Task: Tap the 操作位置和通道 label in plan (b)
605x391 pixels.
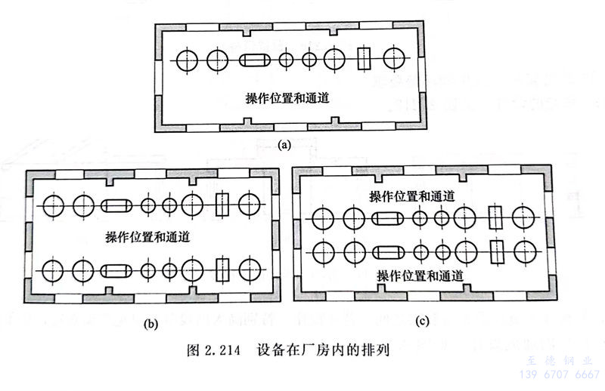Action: point(148,236)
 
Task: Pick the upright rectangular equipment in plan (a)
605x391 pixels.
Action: point(365,59)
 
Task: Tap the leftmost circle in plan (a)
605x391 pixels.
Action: point(186,59)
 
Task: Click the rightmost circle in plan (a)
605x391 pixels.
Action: point(394,58)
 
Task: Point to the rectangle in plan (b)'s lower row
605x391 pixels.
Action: point(222,269)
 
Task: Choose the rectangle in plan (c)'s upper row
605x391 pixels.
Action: point(495,218)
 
